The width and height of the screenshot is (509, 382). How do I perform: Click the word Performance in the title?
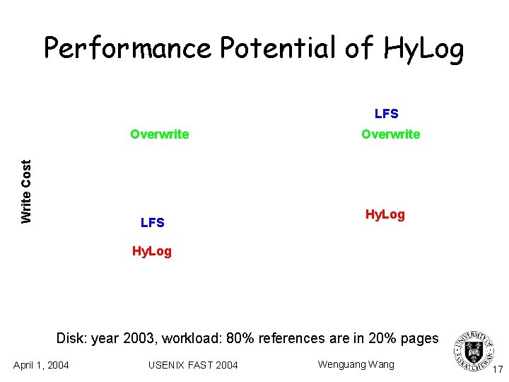(127, 48)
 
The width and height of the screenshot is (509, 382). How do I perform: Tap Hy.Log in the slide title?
(423, 48)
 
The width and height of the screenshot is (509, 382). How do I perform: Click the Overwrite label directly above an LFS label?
(159, 134)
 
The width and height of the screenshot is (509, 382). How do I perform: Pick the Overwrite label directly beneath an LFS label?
(390, 134)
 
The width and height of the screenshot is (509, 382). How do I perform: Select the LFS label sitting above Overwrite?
(386, 114)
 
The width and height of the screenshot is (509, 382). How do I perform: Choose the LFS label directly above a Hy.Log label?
(153, 224)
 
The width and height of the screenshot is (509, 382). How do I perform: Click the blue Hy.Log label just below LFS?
(152, 251)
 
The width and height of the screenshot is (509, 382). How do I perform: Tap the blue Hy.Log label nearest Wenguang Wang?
(385, 214)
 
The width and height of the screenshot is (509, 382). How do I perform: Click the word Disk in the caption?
(71, 339)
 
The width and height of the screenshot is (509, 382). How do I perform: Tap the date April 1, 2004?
(41, 365)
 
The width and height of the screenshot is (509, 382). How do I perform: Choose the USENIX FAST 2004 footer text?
(193, 365)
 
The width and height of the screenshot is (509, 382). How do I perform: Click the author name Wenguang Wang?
(356, 364)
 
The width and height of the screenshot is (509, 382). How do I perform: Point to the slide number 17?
(498, 369)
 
